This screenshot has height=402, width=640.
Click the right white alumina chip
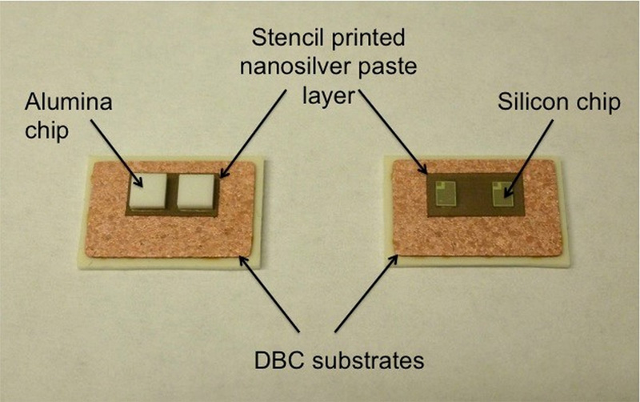(x=197, y=193)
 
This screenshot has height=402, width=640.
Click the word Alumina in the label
(x=58, y=103)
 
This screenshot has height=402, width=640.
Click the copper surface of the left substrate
(x=160, y=236)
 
